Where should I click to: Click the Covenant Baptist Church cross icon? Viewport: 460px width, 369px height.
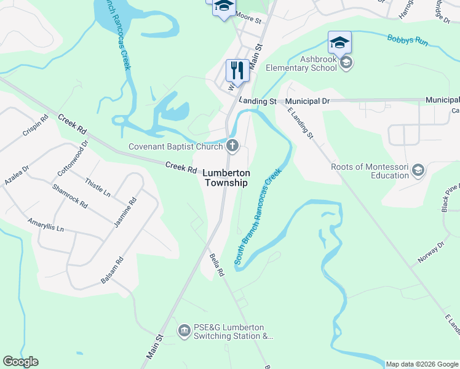click(232, 146)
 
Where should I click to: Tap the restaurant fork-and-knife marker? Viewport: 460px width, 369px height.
click(237, 70)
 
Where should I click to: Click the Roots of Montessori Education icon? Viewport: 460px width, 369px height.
click(418, 170)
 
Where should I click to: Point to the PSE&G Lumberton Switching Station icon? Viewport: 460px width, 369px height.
click(184, 331)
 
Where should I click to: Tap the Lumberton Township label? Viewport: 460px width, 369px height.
click(226, 178)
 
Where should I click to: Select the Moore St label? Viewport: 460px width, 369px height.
click(249, 20)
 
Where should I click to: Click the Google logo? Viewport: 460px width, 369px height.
click(20, 362)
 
